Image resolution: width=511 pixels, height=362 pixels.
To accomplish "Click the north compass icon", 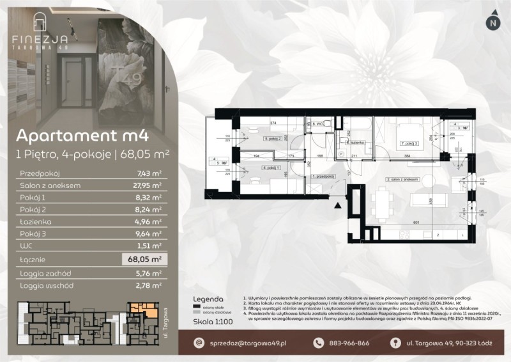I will (x=491, y=22).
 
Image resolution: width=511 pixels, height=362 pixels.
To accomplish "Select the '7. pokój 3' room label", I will (x=409, y=143).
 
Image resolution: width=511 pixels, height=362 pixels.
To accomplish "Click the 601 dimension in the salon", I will (x=415, y=223).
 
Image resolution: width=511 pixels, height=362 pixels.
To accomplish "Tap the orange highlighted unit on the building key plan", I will (x=144, y=311).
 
